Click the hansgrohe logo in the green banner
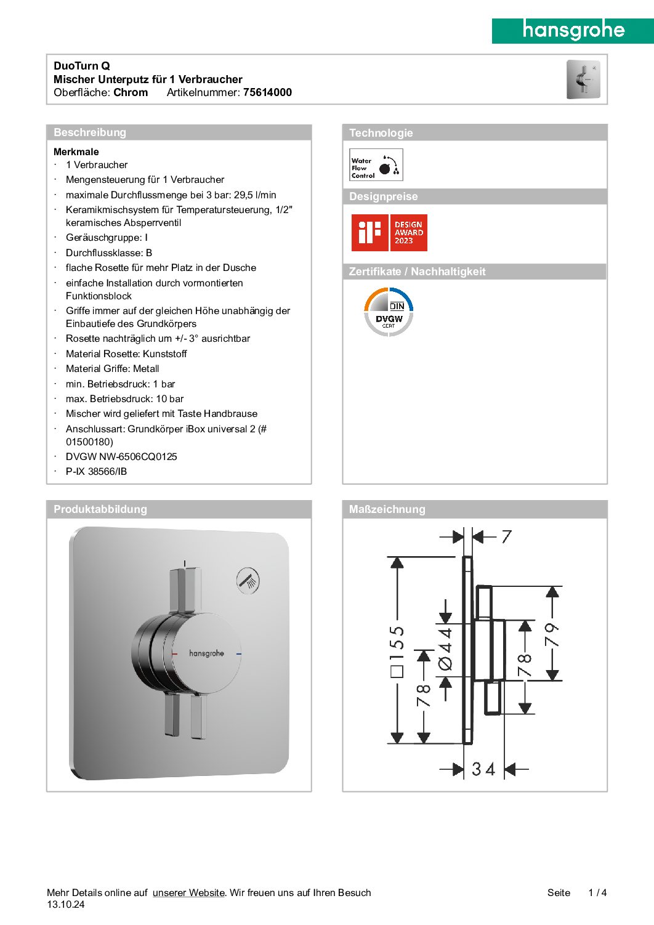(573, 30)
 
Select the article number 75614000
(267, 92)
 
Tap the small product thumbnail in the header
(583, 79)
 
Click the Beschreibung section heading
(90, 132)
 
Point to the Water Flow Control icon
(376, 165)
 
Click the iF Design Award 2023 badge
(389, 233)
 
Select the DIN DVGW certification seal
(389, 312)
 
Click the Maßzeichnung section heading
(387, 509)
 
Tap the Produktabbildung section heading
(100, 509)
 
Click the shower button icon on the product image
(248, 580)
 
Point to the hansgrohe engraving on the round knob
(206, 653)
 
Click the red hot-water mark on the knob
(175, 653)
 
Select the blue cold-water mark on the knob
(239, 653)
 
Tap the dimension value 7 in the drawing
(506, 537)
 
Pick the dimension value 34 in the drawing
(483, 769)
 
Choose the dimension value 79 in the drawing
(552, 634)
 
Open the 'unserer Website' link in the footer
(188, 892)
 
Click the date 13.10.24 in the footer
(66, 905)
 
